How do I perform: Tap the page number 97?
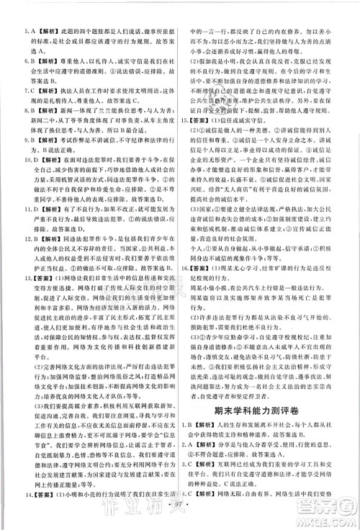tap(179, 518)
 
